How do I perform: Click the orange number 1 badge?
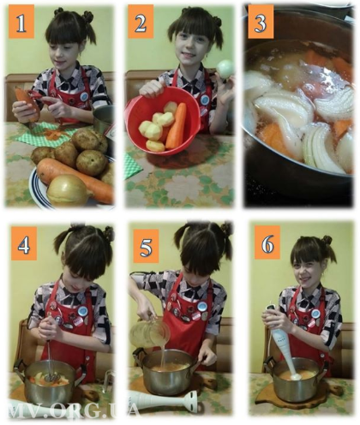(21, 21)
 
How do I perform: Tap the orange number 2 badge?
(141, 21)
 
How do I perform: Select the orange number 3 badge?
(261, 21)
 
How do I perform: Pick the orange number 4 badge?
(24, 243)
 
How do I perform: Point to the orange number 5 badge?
(146, 246)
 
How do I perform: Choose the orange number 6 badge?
(267, 242)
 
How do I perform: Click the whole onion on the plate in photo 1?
(69, 190)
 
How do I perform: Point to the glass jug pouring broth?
(149, 332)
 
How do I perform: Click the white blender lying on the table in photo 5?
(164, 400)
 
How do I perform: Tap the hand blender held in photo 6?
(283, 344)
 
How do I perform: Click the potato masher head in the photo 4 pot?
(51, 378)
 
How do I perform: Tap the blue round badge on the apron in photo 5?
(202, 307)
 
